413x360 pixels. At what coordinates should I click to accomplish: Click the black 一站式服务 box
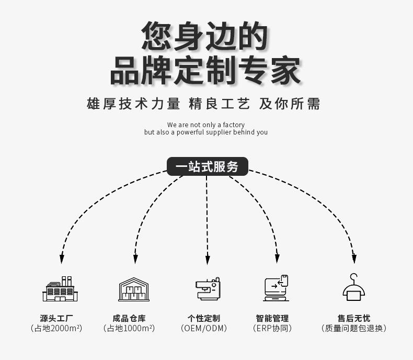(x=207, y=166)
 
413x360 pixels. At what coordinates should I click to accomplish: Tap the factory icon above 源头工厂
(x=60, y=288)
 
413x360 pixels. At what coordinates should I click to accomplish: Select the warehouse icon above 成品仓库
(x=134, y=289)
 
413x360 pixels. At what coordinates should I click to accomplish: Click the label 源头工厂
(x=56, y=318)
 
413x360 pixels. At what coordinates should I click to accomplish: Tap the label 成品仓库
(x=129, y=318)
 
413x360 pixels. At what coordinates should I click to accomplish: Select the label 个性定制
(x=204, y=318)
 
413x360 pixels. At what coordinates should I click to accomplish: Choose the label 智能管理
(x=272, y=318)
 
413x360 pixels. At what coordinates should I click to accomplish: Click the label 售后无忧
(x=353, y=318)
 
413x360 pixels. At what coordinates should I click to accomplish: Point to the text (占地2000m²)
(x=56, y=329)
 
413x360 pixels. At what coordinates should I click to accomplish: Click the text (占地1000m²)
(x=129, y=329)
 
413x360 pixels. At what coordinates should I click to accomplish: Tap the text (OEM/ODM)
(x=204, y=329)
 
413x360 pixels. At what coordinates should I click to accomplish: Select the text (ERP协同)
(x=272, y=329)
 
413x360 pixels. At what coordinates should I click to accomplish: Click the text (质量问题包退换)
(x=353, y=329)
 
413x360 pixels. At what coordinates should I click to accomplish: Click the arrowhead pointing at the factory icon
(x=62, y=258)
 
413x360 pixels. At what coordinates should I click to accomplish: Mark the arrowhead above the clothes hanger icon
(x=354, y=258)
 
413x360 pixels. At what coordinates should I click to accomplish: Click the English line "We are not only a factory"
(x=206, y=125)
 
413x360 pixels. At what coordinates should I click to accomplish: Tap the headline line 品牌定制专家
(x=206, y=71)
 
